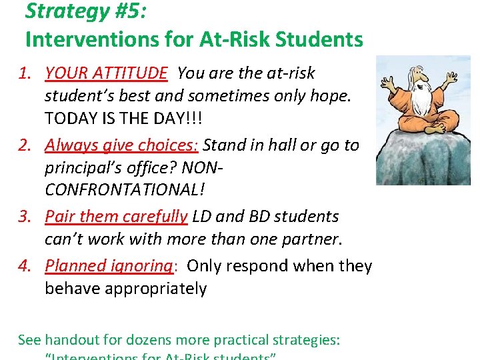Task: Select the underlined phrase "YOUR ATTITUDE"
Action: (x=106, y=73)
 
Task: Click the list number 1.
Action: (x=25, y=73)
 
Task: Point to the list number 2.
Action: (x=25, y=145)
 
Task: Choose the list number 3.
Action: (x=25, y=217)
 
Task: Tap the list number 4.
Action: (x=25, y=265)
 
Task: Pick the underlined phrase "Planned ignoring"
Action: (x=109, y=265)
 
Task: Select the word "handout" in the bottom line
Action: (x=71, y=340)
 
